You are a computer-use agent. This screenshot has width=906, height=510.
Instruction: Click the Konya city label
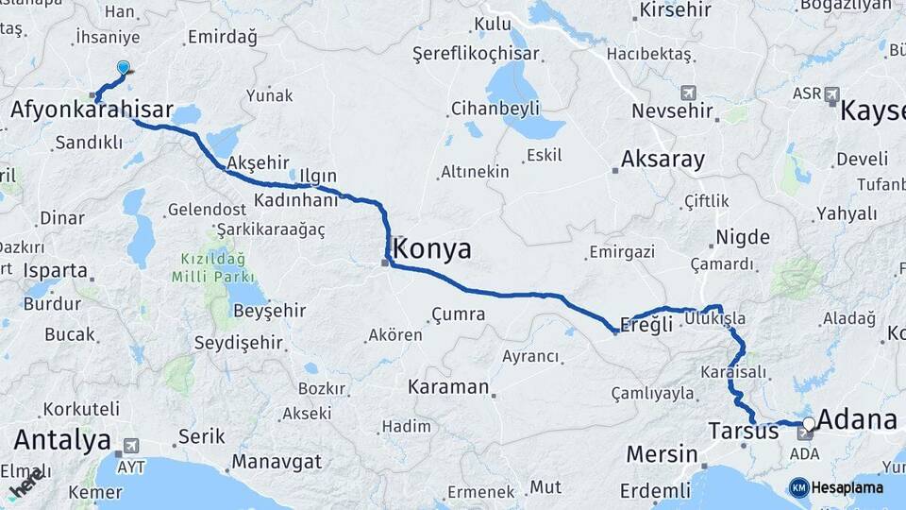click(x=432, y=249)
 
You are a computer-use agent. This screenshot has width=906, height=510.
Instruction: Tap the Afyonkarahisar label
click(x=92, y=111)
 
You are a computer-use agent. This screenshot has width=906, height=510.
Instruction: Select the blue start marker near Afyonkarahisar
click(x=123, y=68)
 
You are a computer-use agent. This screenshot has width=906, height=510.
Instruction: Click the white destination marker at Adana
click(x=809, y=424)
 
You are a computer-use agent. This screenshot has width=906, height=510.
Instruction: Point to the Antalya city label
click(x=62, y=440)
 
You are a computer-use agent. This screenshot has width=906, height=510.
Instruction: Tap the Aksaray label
click(x=663, y=159)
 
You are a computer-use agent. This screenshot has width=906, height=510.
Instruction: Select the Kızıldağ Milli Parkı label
click(x=213, y=267)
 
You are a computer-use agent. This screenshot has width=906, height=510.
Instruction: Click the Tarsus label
click(x=743, y=433)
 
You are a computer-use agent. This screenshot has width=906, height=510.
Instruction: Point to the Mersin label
click(x=662, y=454)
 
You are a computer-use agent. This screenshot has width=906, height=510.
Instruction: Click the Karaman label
click(x=448, y=387)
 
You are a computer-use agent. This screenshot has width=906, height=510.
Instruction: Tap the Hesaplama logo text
click(x=845, y=487)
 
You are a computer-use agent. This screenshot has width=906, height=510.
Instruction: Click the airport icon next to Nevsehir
click(x=686, y=93)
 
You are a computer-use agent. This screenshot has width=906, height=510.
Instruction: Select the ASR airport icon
click(x=832, y=93)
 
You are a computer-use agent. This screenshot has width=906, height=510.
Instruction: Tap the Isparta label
click(x=56, y=270)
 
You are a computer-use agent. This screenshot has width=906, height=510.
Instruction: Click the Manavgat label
click(x=277, y=463)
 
